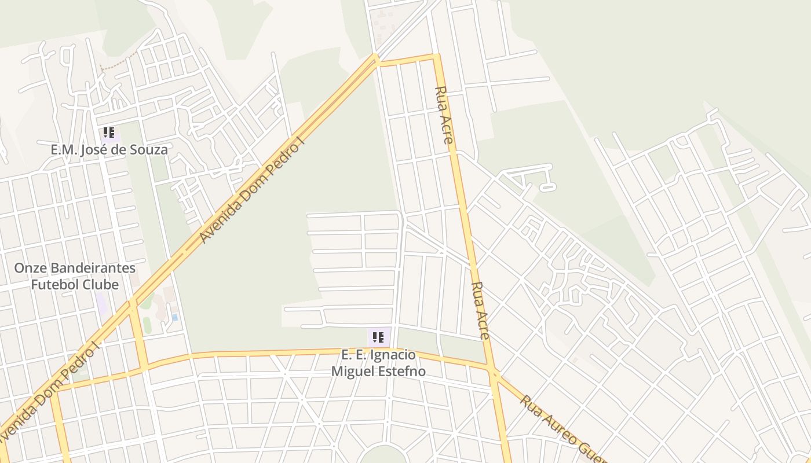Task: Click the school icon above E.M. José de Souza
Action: [x=108, y=133]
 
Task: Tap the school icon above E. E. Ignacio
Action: [x=378, y=337]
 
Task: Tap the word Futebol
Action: [x=54, y=285]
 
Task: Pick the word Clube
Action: [x=100, y=285]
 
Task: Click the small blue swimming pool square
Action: [x=174, y=317]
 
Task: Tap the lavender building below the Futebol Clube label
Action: [x=101, y=303]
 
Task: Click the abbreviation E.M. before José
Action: [x=63, y=150]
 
